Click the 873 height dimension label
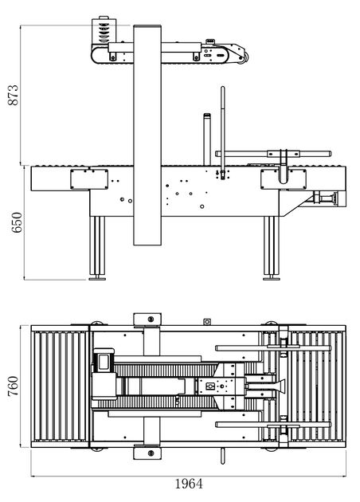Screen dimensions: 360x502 (x=14, y=95)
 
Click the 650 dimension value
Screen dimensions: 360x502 (x=17, y=222)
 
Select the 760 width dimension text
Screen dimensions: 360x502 (x=13, y=386)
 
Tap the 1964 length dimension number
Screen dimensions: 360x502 (x=189, y=484)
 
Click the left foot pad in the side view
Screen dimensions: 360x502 (x=97, y=279)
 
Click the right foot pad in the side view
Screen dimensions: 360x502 (x=272, y=279)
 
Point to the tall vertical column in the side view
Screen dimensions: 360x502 (x=147, y=135)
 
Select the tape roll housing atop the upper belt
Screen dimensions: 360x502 (x=104, y=30)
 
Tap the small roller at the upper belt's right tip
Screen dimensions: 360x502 (x=246, y=58)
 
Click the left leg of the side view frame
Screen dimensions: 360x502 (x=97, y=246)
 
